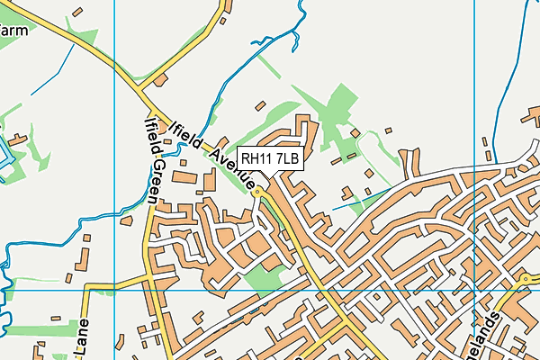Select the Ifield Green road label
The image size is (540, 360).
click(157, 161)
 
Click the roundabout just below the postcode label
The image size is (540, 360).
click(259, 191)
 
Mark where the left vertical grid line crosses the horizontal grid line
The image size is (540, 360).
click(115, 291)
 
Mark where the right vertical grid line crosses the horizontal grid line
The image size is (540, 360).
click(473, 291)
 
